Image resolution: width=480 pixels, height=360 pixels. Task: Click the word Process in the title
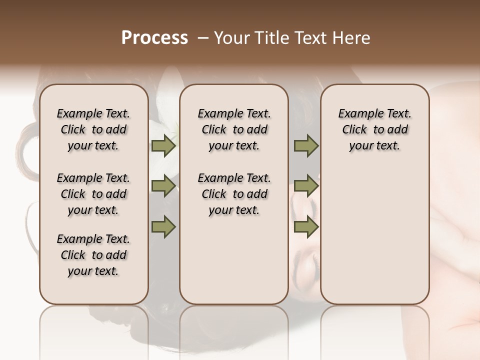click(154, 37)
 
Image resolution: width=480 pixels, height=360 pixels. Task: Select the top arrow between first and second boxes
click(163, 145)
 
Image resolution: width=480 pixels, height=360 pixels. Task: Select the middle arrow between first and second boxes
click(163, 186)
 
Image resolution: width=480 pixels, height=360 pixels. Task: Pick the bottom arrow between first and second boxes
click(163, 226)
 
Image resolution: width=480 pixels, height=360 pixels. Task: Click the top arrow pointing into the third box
click(306, 145)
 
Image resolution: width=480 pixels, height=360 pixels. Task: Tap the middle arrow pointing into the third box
click(306, 186)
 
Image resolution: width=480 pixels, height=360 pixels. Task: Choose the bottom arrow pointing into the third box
click(306, 226)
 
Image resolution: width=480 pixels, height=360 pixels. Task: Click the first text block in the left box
click(93, 129)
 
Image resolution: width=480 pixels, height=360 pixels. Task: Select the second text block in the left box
click(93, 194)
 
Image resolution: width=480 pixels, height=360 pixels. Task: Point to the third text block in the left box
click(93, 255)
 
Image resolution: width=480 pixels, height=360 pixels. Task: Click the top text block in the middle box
click(234, 129)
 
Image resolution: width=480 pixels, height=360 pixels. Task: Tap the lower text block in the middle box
click(234, 194)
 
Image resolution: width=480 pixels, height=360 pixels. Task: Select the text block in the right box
click(374, 129)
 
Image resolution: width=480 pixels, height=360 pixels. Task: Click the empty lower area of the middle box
click(234, 265)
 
